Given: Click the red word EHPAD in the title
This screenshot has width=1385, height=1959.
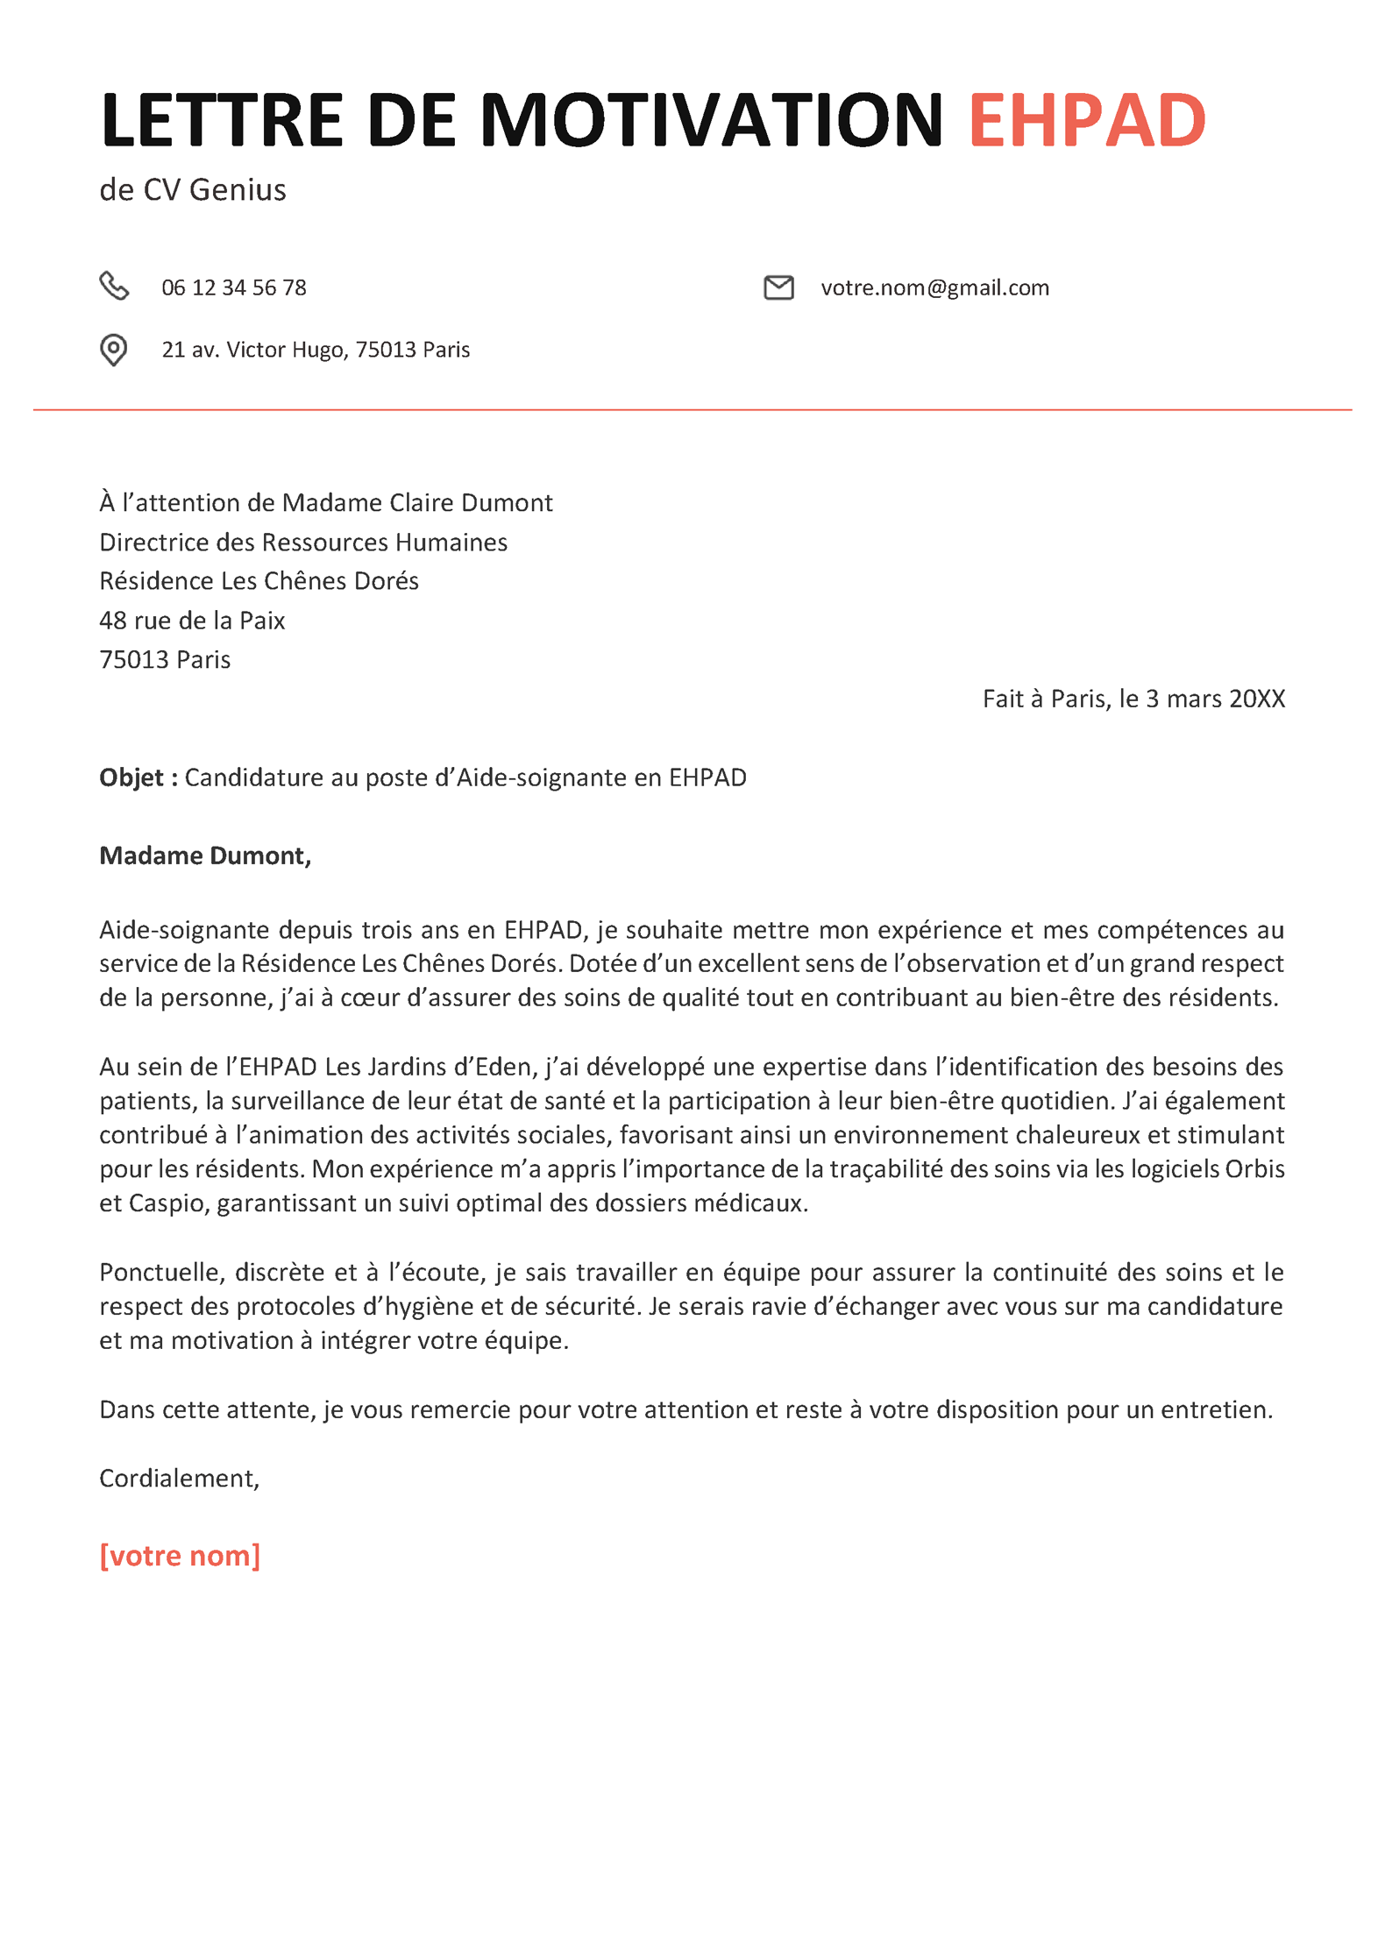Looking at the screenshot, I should pos(1086,120).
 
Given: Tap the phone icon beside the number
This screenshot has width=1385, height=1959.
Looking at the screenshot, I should pos(114,286).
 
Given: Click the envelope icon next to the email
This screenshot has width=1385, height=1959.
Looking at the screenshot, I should pos(778,287).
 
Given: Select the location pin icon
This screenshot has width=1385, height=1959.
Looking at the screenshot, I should pos(113,350).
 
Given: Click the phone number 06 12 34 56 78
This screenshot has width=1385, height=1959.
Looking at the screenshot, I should pos(234,287).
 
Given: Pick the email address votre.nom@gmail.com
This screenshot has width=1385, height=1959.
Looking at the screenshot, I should pos(934,287).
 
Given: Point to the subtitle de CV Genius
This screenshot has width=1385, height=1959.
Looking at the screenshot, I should pos(193,190).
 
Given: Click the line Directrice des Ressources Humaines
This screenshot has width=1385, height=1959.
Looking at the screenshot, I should pos(303,543).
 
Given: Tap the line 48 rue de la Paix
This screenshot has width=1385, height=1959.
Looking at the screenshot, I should pos(192,621).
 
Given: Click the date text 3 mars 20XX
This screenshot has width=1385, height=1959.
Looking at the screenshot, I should pos(1215,699).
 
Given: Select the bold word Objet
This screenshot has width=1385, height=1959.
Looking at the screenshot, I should pos(131,777).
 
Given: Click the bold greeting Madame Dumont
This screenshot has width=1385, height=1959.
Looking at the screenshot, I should pos(204,855).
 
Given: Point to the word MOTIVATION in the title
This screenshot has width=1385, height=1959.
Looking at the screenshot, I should pos(711,120).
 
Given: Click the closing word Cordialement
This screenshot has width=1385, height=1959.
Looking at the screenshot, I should pos(178,1478).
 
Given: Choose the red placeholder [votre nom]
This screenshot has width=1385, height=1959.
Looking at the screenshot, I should pos(180,1556).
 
